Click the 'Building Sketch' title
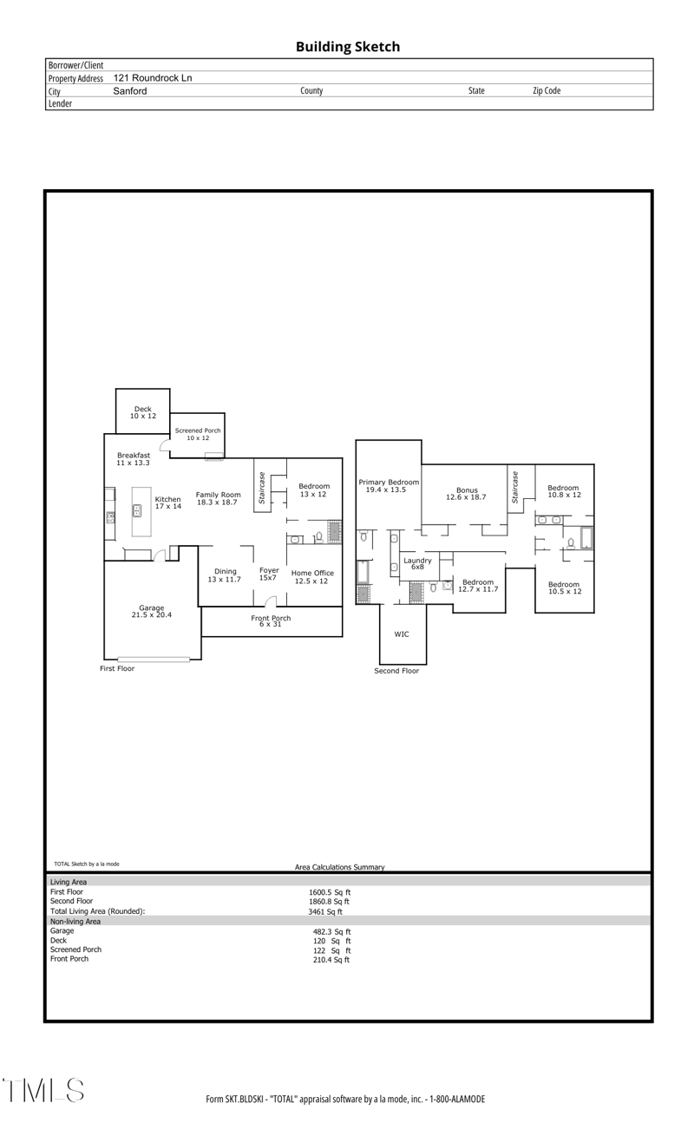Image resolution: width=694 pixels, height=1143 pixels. [347, 47]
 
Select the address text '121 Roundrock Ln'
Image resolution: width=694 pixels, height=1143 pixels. [153, 78]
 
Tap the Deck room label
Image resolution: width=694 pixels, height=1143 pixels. [142, 412]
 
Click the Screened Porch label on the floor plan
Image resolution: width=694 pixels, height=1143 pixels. [198, 434]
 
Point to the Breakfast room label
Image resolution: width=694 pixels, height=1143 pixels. [134, 459]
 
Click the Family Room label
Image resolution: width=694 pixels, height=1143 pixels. [218, 498]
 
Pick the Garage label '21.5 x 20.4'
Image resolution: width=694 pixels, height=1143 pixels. [152, 612]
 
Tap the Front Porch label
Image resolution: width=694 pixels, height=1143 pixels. [271, 621]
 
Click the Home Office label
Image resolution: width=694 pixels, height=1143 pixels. [312, 576]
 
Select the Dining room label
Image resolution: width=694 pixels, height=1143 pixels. [225, 575]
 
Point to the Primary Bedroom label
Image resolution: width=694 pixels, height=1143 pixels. [389, 486]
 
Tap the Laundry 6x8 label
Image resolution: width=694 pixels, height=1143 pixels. [417, 563]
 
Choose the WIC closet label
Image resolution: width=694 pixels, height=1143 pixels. [402, 634]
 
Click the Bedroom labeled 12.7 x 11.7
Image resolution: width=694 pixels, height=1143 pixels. [477, 586]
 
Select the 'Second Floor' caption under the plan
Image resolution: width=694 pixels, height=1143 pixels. [396, 671]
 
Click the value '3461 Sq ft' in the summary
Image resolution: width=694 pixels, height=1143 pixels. [326, 911]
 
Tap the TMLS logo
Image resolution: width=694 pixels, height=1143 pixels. [45, 1090]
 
